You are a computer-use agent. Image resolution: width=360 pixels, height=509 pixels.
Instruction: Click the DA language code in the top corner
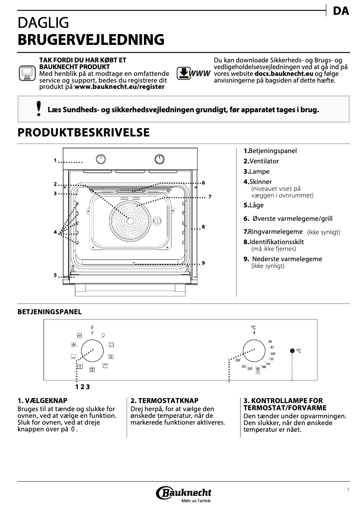click(341, 11)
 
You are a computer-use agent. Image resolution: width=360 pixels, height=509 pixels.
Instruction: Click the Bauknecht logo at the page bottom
click(184, 494)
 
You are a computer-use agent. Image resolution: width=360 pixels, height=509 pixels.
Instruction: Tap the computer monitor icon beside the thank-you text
click(27, 73)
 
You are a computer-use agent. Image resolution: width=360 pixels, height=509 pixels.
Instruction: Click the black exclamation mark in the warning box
click(39, 109)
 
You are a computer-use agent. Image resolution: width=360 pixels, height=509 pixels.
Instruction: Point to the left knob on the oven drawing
click(102, 159)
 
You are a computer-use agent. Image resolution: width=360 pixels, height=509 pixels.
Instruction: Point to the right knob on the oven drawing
click(159, 159)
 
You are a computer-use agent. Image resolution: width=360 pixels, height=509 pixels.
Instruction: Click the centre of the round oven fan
click(130, 219)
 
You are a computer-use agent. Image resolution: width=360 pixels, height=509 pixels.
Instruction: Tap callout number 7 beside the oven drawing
click(209, 197)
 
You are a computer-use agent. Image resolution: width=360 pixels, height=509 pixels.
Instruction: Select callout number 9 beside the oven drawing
click(203, 263)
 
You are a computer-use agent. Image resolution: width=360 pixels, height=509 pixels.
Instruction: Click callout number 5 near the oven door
click(55, 275)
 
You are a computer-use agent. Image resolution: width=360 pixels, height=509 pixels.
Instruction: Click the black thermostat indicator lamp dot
click(292, 351)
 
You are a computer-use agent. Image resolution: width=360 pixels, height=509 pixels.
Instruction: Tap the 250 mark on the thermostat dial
click(238, 360)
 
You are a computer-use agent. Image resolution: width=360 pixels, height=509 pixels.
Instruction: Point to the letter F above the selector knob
click(92, 327)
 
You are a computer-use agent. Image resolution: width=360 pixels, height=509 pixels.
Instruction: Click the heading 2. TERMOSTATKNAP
click(164, 400)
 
